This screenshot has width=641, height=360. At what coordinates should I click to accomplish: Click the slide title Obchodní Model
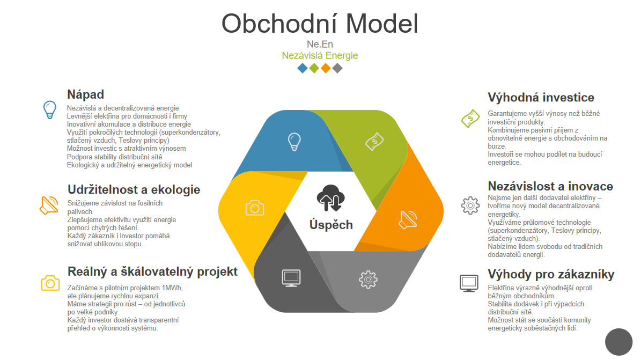[x=320, y=24]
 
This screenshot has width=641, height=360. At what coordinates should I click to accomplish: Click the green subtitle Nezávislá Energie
[x=320, y=55]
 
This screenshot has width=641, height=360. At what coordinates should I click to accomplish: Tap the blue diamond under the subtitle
[x=303, y=68]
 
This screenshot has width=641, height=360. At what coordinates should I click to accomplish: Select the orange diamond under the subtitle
[x=326, y=68]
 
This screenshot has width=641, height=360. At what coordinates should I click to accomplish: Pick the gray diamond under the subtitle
[x=337, y=68]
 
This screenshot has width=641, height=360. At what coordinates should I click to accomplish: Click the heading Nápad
[x=85, y=94]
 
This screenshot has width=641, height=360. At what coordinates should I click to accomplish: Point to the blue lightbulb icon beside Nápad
[x=49, y=109]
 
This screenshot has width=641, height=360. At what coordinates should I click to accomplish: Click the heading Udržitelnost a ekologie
[x=134, y=189]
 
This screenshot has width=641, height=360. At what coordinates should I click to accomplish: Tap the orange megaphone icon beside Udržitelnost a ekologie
[x=49, y=205]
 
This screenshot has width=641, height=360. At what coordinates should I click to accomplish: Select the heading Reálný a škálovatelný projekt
[x=152, y=271]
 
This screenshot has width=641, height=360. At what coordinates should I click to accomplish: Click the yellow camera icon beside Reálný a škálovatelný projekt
[x=50, y=283]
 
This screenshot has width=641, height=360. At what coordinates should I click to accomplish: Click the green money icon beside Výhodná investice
[x=470, y=118]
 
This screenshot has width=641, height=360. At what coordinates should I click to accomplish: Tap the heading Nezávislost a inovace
[x=550, y=186]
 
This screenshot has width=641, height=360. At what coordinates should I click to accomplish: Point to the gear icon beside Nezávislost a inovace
[x=470, y=205]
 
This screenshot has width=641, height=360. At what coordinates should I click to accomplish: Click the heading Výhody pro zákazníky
[x=551, y=275]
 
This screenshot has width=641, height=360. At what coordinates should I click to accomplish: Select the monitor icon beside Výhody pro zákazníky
[x=469, y=283]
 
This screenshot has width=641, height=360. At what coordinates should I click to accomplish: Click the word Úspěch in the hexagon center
[x=331, y=225]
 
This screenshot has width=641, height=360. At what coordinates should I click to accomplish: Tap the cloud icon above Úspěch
[x=329, y=198]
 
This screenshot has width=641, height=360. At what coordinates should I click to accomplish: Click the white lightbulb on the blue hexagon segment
[x=294, y=142]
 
